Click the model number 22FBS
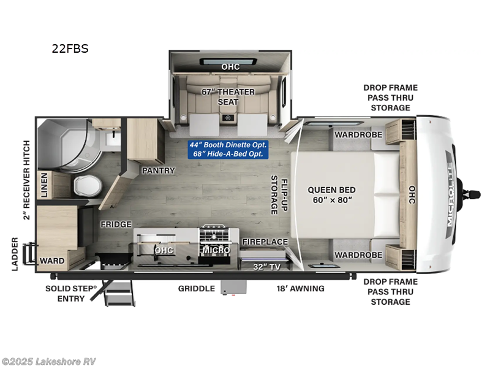[x=70, y=48]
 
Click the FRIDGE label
[x=116, y=224]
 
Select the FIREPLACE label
[x=265, y=242]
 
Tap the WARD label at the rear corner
[x=52, y=261]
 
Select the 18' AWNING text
[x=300, y=288]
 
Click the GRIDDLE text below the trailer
[x=196, y=288]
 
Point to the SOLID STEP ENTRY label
[x=71, y=293]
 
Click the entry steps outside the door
[x=119, y=293]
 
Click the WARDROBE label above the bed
[x=358, y=134]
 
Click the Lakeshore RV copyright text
[x=49, y=361]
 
